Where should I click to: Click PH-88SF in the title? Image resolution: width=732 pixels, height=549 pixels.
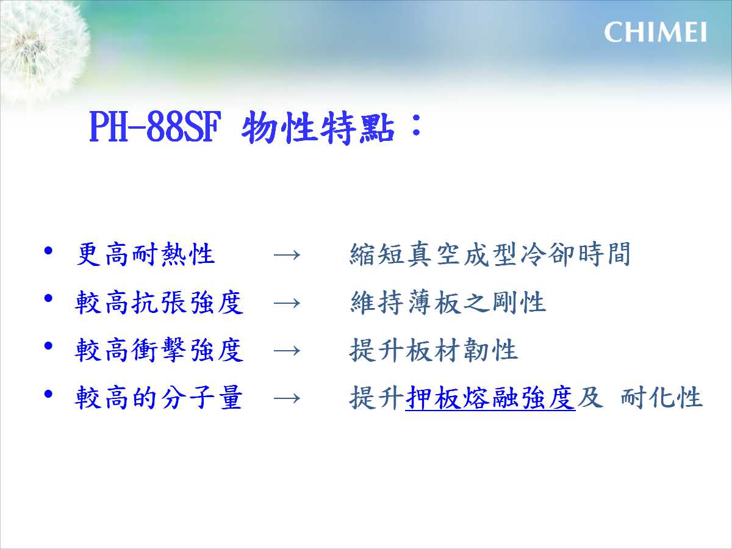pos(155,127)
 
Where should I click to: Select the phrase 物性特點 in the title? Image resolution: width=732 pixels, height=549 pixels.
pos(318,127)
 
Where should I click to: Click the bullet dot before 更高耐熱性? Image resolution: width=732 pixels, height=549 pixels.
pos(48,251)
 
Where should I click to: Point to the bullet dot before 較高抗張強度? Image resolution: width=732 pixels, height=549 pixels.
pos(48,298)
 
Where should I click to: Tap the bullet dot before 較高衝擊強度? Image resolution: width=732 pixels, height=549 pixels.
pos(48,346)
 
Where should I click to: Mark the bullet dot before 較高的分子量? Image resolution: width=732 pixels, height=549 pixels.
pos(48,394)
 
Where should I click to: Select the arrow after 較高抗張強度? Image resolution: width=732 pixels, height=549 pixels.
pos(287,303)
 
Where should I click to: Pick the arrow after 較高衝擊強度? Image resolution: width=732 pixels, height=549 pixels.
pos(287,351)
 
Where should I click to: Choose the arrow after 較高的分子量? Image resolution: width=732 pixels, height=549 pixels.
pos(287,398)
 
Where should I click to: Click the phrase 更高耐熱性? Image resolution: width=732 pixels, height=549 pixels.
pos(145,254)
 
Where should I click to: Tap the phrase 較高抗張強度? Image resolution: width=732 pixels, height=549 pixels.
pos(159,302)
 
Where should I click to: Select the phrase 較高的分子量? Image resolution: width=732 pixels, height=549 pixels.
pos(159,397)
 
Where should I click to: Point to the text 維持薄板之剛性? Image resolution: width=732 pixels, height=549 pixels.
pos(448,302)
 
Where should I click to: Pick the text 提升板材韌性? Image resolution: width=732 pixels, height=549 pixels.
pos(434,350)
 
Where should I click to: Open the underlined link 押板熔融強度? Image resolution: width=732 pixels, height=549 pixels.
pos(490,397)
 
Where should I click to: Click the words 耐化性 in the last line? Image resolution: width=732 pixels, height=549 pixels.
pos(662,397)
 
